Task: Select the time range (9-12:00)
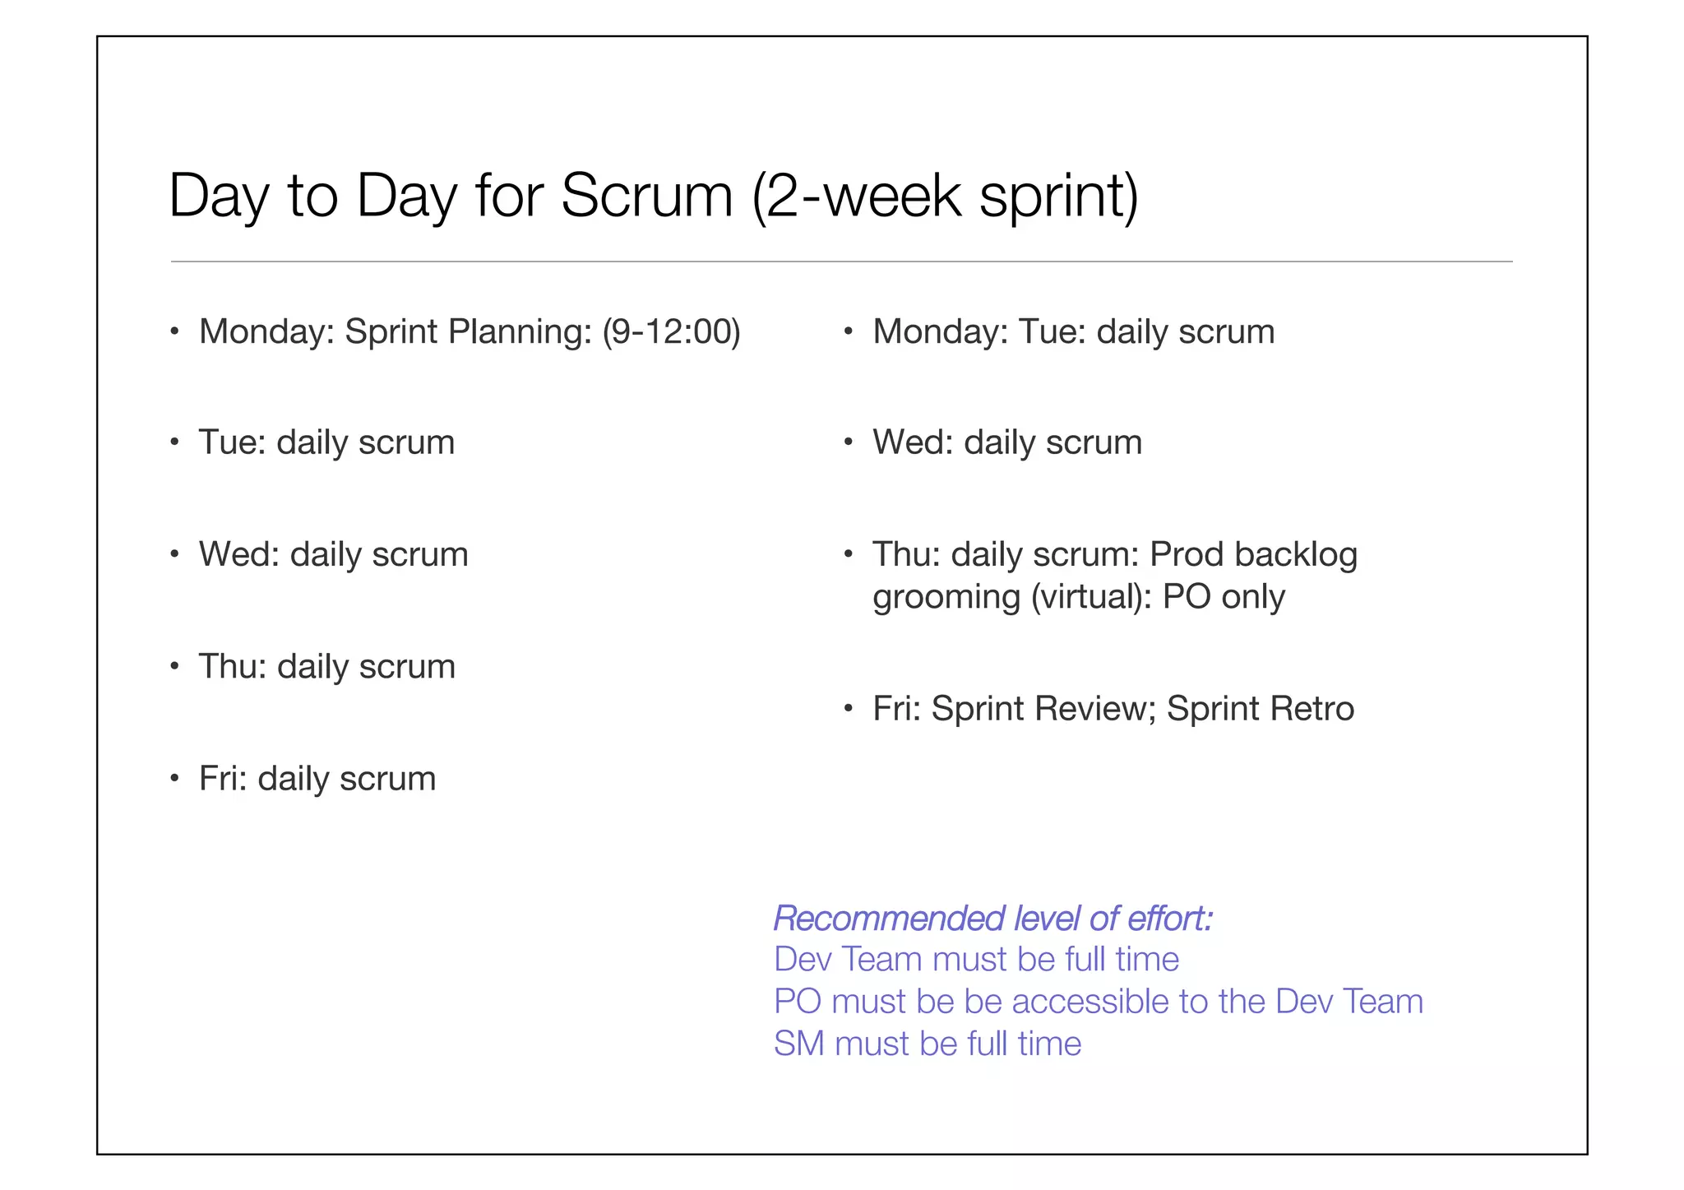(x=671, y=331)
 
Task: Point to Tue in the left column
(x=231, y=442)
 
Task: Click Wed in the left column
(x=238, y=554)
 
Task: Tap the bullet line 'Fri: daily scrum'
(x=317, y=778)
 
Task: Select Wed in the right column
(x=912, y=442)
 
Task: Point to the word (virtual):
(x=1091, y=597)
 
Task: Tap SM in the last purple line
(x=798, y=1044)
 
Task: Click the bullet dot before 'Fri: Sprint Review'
(x=848, y=709)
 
